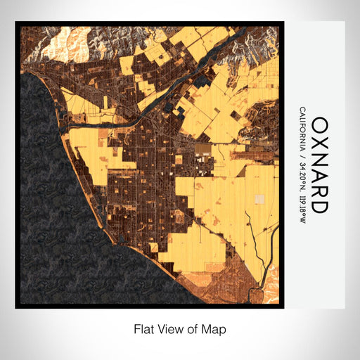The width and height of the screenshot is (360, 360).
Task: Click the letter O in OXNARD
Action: (x=319, y=125)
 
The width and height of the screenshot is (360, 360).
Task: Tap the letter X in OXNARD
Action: (x=319, y=143)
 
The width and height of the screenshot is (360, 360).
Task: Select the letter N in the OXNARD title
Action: (x=319, y=160)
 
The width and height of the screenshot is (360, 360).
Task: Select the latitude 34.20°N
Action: (x=302, y=173)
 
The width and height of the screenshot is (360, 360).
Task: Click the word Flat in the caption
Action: (x=144, y=328)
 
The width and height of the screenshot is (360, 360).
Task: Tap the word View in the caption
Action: (x=169, y=328)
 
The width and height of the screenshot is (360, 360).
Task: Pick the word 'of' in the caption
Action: (x=193, y=328)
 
